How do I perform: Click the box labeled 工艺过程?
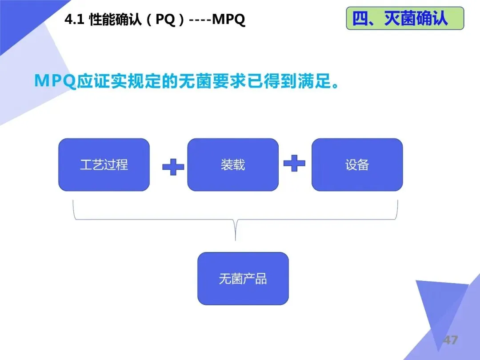pyautogui.click(x=104, y=165)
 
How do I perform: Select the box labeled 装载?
pyautogui.click(x=233, y=165)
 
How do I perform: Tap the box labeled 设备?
pyautogui.click(x=357, y=165)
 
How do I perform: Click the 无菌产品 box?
pyautogui.click(x=243, y=279)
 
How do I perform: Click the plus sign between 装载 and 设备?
pyautogui.click(x=294, y=163)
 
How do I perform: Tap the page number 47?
pyautogui.click(x=450, y=340)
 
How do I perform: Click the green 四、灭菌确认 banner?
pyautogui.click(x=404, y=19)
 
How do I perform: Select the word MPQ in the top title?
pyautogui.click(x=229, y=20)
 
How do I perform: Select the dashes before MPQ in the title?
pyautogui.click(x=200, y=20)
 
